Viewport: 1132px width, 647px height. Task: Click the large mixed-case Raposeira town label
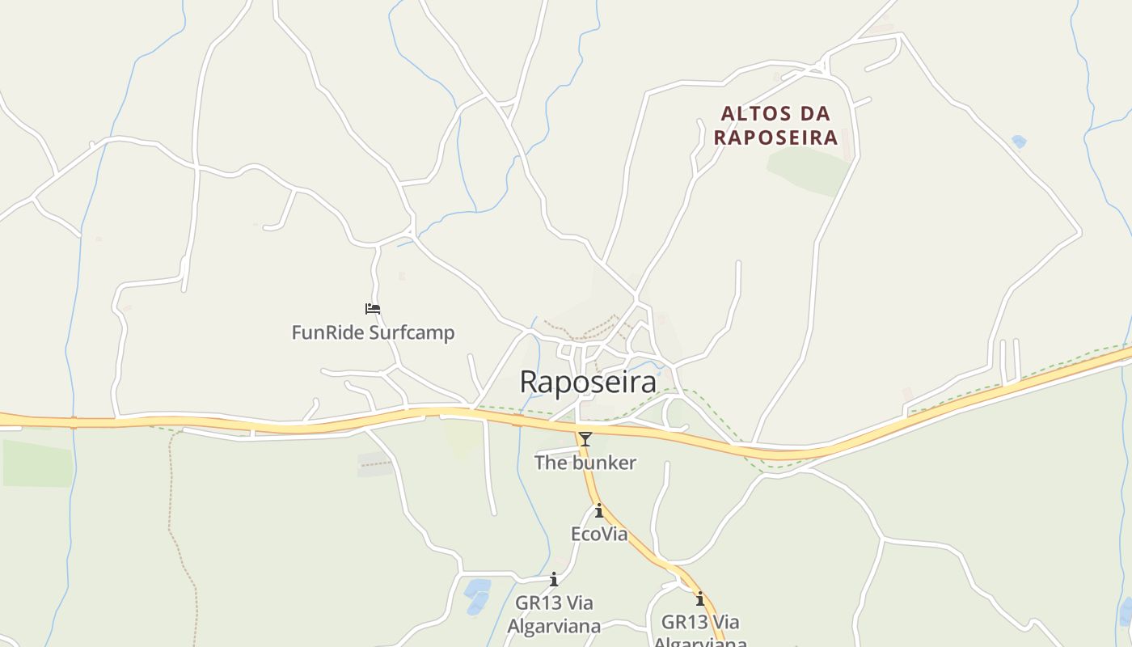pyautogui.click(x=588, y=382)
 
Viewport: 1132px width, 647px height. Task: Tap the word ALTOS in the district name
pyautogui.click(x=753, y=113)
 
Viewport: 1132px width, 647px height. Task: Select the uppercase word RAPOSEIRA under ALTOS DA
pyautogui.click(x=775, y=137)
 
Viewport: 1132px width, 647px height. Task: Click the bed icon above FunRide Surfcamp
pyautogui.click(x=373, y=309)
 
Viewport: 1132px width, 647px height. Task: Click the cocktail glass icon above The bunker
pyautogui.click(x=585, y=439)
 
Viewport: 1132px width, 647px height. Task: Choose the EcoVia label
pyautogui.click(x=599, y=534)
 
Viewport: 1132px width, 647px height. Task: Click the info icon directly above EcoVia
pyautogui.click(x=599, y=511)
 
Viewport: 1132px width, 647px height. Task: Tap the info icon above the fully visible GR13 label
pyautogui.click(x=554, y=580)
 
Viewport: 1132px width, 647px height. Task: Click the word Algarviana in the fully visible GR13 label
pyautogui.click(x=554, y=627)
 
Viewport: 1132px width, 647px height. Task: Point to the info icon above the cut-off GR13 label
pyautogui.click(x=700, y=599)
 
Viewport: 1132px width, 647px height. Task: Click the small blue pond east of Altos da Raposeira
pyautogui.click(x=1019, y=142)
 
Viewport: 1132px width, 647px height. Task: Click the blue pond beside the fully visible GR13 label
pyautogui.click(x=477, y=595)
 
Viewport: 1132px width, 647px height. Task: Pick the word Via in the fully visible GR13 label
pyautogui.click(x=579, y=603)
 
